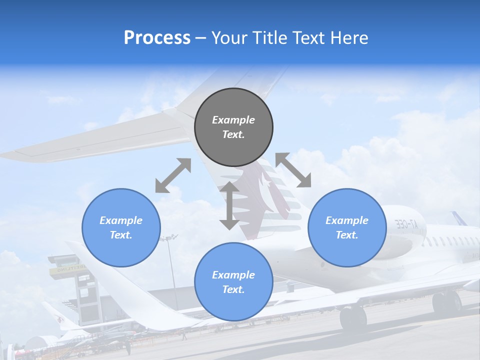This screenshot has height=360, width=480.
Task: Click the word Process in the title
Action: [157, 38]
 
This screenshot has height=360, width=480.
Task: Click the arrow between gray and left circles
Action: [173, 175]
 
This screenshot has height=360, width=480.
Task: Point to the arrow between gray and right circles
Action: [293, 170]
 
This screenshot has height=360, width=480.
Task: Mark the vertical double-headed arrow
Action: [229, 205]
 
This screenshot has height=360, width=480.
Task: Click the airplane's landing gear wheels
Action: [352, 317]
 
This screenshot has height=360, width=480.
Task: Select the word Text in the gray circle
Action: [233, 134]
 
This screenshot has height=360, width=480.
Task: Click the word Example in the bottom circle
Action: [233, 275]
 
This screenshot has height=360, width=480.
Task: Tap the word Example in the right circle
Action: [347, 220]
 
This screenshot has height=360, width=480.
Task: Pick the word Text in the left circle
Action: [121, 235]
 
